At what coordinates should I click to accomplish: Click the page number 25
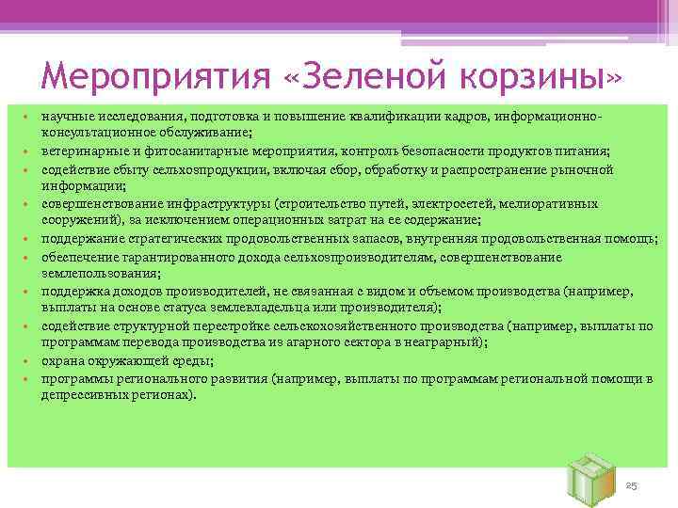tap(632, 484)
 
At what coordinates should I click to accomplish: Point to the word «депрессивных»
tap(81, 397)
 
